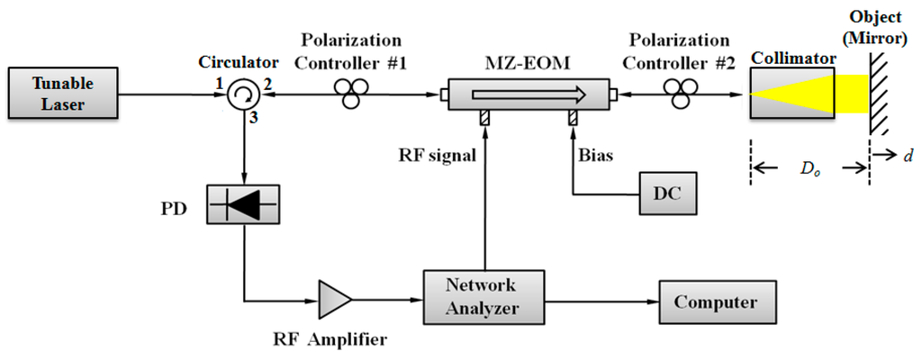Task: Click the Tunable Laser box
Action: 62,93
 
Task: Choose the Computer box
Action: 715,301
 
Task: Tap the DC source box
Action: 667,193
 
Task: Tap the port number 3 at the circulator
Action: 258,116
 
